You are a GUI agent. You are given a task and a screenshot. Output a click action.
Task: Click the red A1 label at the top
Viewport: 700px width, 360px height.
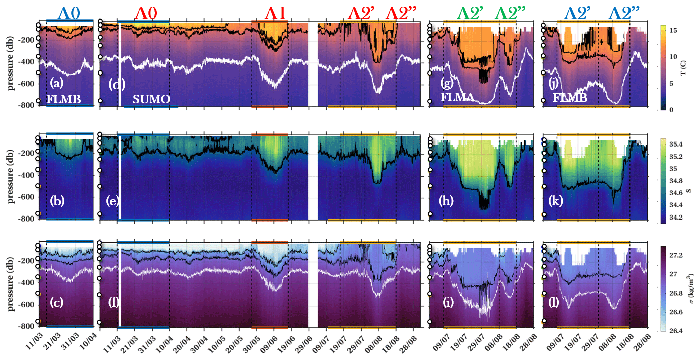275,14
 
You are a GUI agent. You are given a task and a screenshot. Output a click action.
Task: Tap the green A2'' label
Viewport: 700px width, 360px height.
511,14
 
